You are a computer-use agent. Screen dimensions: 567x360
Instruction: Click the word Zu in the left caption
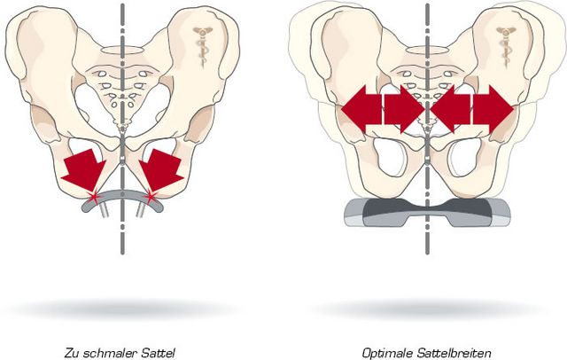[x=72, y=352]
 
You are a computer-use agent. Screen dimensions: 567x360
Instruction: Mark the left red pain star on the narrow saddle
[x=94, y=197]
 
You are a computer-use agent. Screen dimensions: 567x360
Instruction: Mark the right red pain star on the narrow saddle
[x=151, y=197]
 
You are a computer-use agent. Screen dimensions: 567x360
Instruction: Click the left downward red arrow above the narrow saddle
[x=84, y=169]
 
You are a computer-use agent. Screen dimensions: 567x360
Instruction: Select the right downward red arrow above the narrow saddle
[x=161, y=169]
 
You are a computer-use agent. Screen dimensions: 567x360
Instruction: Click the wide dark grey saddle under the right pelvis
[x=427, y=213]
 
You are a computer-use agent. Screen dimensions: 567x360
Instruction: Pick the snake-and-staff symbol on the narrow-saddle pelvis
[x=201, y=46]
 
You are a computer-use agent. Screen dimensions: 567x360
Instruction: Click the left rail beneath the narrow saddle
[x=105, y=210]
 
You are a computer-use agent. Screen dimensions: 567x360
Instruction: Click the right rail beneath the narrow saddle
[x=140, y=210]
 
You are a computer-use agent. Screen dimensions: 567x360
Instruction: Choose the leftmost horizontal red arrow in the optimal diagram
[x=361, y=109]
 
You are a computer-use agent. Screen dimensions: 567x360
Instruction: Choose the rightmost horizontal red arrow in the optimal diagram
[x=493, y=109]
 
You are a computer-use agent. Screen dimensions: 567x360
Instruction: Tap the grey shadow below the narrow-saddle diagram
[x=121, y=309]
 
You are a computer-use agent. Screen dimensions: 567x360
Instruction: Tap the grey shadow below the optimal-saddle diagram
[x=428, y=309]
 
